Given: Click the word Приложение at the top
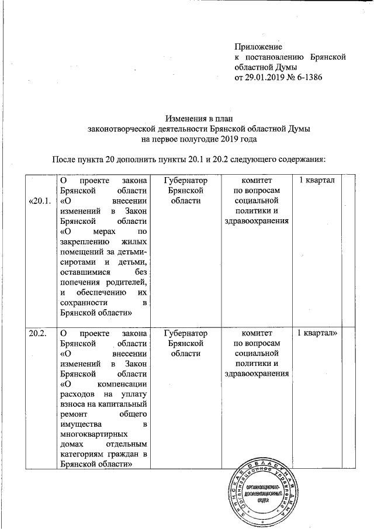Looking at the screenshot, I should [x=258, y=46].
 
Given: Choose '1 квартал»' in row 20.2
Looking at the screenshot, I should [x=318, y=334].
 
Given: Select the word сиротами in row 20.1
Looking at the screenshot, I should [x=77, y=262].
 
